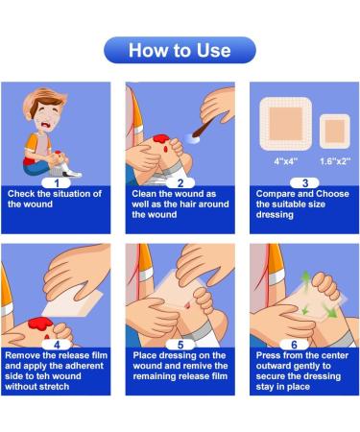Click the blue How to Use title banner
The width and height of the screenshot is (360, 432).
tap(180, 50)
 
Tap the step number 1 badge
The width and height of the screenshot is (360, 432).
tap(56, 181)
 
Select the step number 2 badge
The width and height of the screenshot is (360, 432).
tap(180, 181)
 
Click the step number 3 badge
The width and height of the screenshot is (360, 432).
tap(304, 181)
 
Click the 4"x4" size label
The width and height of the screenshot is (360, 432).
tap(285, 161)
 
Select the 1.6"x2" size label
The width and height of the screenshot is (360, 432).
tap(332, 161)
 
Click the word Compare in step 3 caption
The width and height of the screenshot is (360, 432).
tap(275, 194)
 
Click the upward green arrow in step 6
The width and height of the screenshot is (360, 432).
tap(303, 282)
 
